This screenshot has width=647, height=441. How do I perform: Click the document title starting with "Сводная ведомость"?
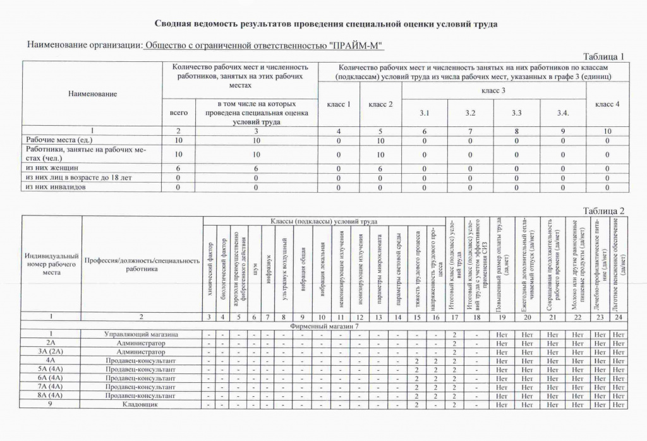click(x=325, y=24)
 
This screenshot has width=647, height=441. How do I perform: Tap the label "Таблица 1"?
click(x=603, y=56)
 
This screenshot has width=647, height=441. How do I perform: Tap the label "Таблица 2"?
click(x=603, y=210)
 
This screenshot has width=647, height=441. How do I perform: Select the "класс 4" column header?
click(x=607, y=104)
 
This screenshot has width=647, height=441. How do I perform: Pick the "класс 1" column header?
click(x=339, y=104)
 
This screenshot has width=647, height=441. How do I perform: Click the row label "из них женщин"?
click(x=52, y=168)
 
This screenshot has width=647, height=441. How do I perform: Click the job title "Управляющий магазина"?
click(x=141, y=334)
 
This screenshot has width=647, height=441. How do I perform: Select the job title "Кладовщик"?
click(x=141, y=404)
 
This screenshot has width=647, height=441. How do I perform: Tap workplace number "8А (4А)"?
click(x=51, y=396)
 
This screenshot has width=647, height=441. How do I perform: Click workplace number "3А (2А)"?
click(x=51, y=351)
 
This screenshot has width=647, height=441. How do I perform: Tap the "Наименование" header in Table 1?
click(x=92, y=94)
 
